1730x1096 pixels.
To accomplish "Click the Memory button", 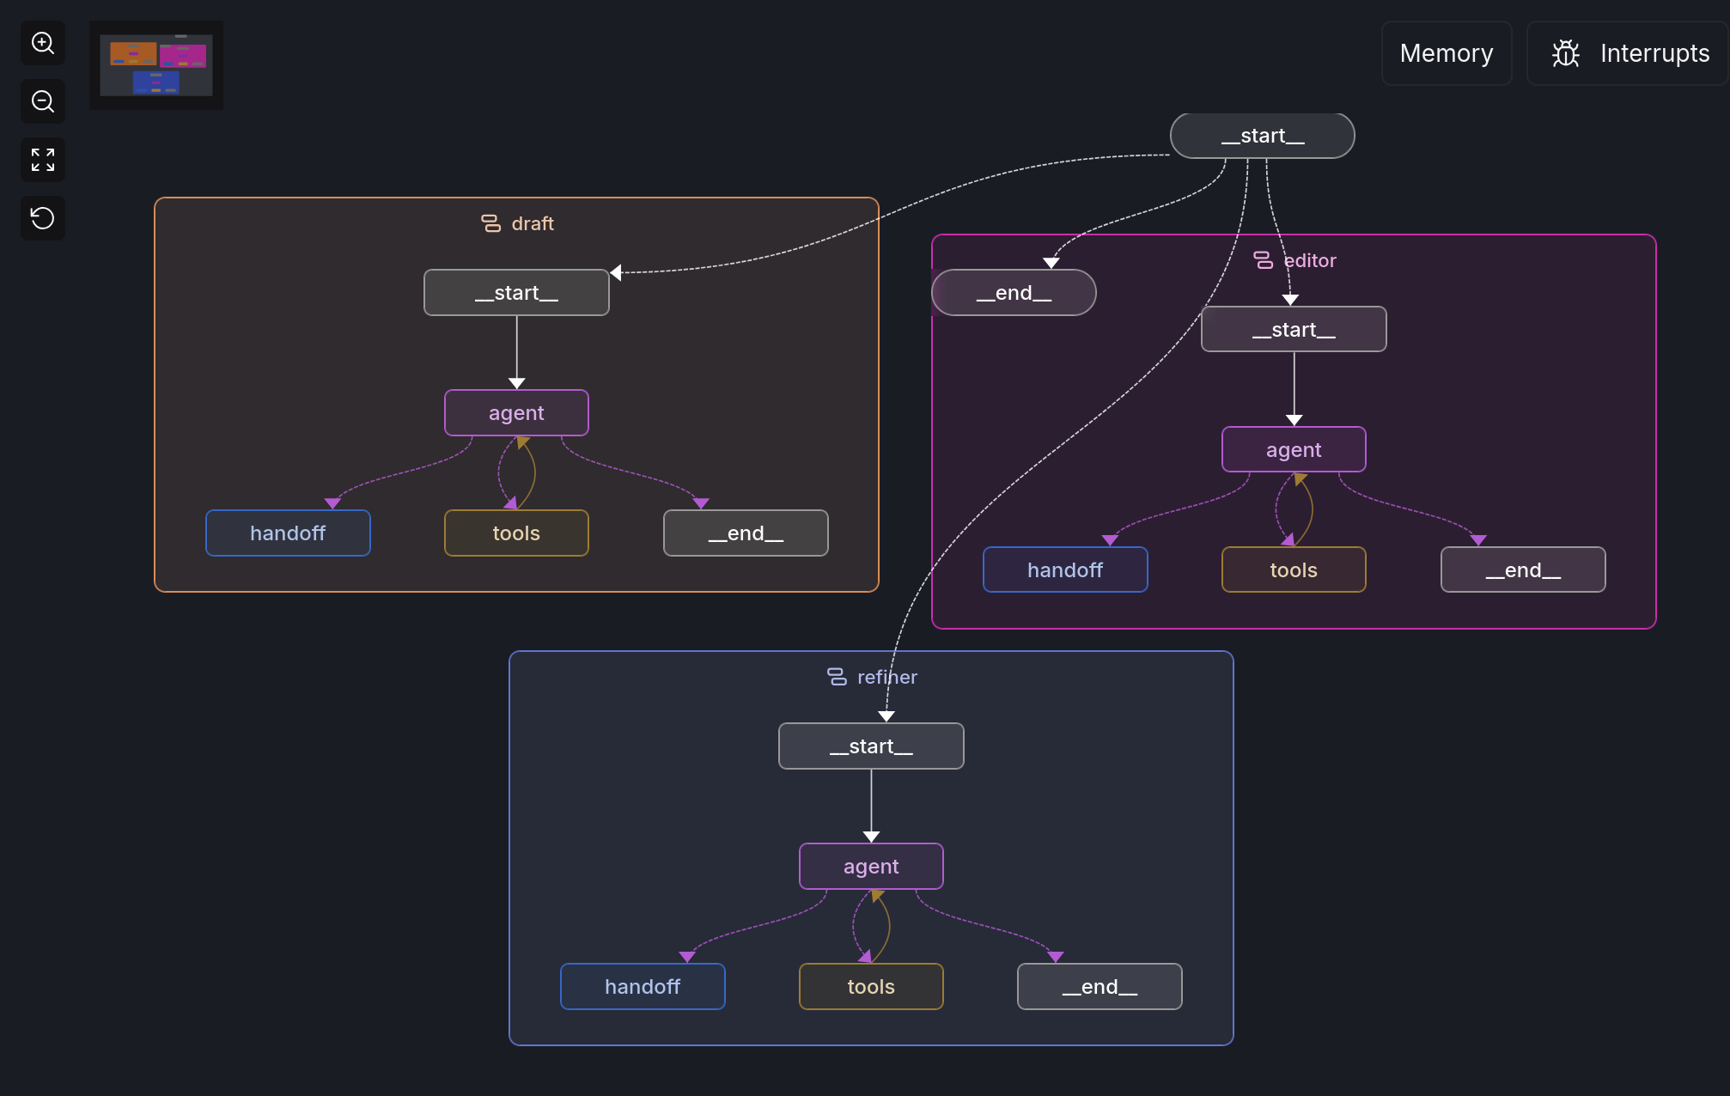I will pos(1446,53).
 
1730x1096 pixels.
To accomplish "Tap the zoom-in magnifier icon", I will pos(43,43).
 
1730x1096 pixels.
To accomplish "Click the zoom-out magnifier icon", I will pos(43,101).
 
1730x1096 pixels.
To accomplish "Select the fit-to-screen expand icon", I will pos(43,160).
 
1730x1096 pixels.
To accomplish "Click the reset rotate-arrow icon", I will pos(43,218).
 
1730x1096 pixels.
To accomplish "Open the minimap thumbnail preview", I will pos(156,65).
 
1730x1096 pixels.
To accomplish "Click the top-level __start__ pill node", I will pos(1262,136).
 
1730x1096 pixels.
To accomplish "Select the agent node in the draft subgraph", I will pos(516,413).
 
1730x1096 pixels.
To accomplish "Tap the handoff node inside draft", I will pos(288,533).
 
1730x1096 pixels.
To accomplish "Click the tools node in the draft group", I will pos(516,533).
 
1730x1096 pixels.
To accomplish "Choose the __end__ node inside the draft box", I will pos(746,533).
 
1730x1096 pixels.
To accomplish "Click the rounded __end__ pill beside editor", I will pos(1014,293).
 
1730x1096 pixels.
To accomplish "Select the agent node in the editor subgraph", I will pos(1294,450).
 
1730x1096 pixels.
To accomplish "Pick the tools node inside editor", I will pos(1294,570).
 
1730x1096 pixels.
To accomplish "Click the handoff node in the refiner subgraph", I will pos(643,987).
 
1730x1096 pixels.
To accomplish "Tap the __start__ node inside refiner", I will pos(871,746).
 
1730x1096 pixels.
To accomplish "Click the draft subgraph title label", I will pos(532,224).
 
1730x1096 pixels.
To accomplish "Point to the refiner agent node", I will pos(871,867).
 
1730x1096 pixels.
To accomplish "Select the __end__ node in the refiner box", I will pos(1100,987).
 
